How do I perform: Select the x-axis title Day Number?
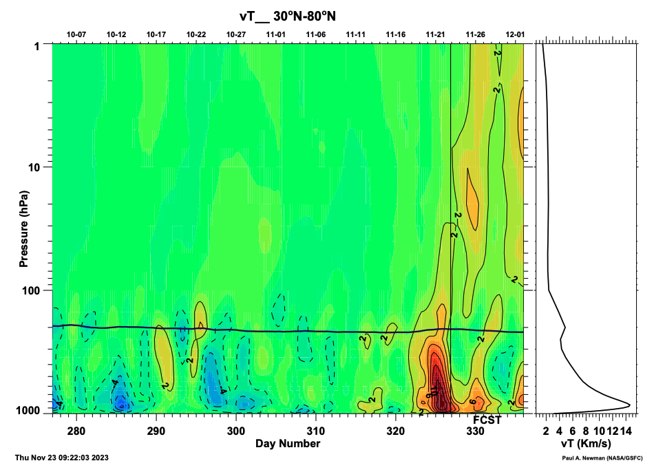288,444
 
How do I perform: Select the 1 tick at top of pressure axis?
43,45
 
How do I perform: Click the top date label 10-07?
76,34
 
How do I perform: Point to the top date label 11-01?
276,34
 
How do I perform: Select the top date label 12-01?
515,34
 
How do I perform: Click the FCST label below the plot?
487,420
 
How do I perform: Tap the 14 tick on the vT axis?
625,431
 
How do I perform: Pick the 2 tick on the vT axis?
546,431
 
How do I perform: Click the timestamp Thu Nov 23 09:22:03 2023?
61,458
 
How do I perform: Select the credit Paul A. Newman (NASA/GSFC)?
602,458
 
